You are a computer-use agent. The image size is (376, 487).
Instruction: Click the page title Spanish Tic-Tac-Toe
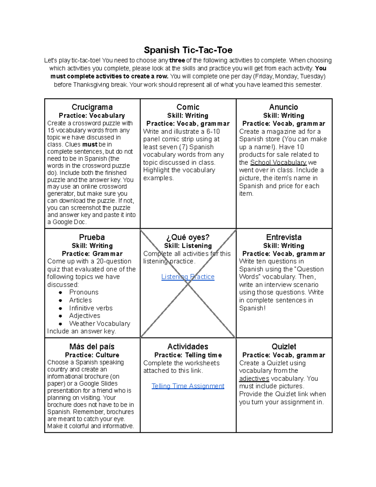(x=188, y=50)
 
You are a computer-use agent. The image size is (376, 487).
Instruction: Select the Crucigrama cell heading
(x=92, y=107)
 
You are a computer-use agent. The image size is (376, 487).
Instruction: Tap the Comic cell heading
(x=188, y=107)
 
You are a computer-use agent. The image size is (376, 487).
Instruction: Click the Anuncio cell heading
(x=284, y=107)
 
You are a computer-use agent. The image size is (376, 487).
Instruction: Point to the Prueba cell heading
(x=92, y=237)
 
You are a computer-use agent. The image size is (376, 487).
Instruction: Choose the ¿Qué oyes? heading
(x=188, y=237)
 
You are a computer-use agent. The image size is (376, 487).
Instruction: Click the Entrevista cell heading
(x=284, y=237)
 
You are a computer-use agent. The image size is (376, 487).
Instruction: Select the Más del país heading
(x=92, y=347)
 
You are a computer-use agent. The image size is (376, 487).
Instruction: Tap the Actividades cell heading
(x=188, y=347)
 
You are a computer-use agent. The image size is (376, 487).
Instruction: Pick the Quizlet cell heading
(x=284, y=347)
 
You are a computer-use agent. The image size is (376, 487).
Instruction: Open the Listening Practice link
(x=188, y=277)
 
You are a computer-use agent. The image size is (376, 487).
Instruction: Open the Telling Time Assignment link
(x=188, y=386)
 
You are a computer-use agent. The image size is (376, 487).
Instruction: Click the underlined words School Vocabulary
(x=278, y=162)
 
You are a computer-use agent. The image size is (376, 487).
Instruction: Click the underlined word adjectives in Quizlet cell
(x=254, y=378)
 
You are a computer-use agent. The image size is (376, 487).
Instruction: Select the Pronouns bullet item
(x=84, y=292)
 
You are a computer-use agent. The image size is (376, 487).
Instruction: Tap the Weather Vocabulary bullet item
(x=100, y=324)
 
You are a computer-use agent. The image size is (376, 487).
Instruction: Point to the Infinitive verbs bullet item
(x=91, y=308)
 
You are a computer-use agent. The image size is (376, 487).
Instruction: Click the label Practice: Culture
(x=92, y=355)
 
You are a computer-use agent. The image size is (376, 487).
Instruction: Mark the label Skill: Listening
(x=188, y=246)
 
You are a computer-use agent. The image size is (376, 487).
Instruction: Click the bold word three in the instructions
(x=177, y=61)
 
